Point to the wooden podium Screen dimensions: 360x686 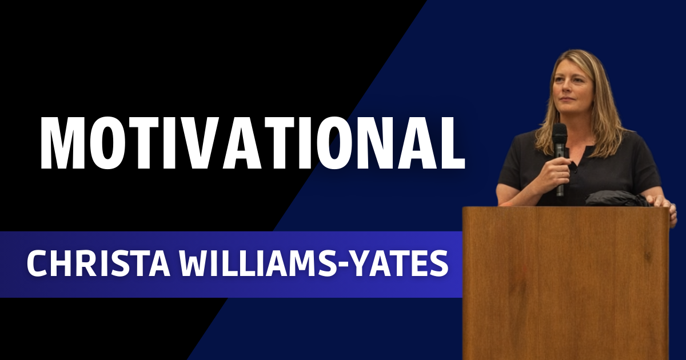[565, 280]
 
